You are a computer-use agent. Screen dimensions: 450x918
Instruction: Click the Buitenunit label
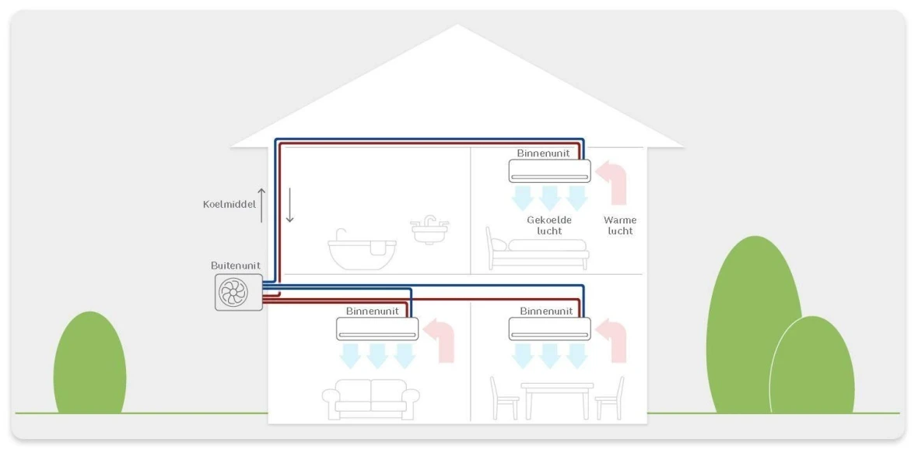click(235, 265)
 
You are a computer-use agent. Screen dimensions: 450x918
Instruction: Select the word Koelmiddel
click(229, 204)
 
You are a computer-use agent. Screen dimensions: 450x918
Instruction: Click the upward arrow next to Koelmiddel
click(261, 205)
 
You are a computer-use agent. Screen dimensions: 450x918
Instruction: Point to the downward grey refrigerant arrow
click(289, 205)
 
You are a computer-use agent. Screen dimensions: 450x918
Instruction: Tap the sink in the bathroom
click(429, 230)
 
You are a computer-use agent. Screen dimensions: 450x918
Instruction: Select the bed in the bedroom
click(537, 249)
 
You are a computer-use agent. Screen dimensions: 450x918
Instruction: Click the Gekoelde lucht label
click(549, 225)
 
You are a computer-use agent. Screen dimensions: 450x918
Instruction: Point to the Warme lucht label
click(620, 225)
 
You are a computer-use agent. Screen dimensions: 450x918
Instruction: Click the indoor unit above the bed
click(549, 170)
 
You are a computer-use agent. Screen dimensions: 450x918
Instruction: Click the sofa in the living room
click(370, 399)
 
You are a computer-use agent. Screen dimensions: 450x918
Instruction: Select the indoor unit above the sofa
click(377, 328)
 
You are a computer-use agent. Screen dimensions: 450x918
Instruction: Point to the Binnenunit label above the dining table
click(546, 311)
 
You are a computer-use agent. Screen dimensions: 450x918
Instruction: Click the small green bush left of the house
click(89, 364)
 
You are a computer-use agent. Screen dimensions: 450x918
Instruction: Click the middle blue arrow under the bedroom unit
click(550, 196)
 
